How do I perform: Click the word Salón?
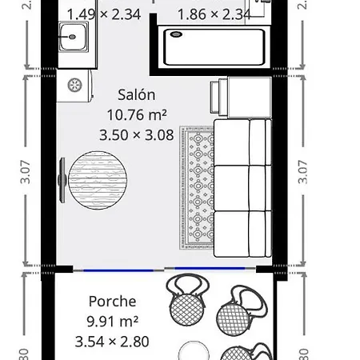tap(137, 94)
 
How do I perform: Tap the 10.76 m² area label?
tap(137, 114)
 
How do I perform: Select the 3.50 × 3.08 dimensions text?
tap(137, 135)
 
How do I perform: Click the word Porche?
tap(112, 302)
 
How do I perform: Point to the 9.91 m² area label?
tap(113, 322)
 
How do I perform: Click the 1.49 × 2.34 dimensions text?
tap(104, 14)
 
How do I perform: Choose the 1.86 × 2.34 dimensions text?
tap(214, 14)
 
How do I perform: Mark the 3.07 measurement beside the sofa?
tap(302, 173)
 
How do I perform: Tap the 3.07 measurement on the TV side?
tap(26, 173)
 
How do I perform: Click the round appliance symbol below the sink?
tap(75, 86)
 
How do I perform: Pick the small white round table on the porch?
tap(192, 350)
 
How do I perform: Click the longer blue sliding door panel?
tap(220, 268)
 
